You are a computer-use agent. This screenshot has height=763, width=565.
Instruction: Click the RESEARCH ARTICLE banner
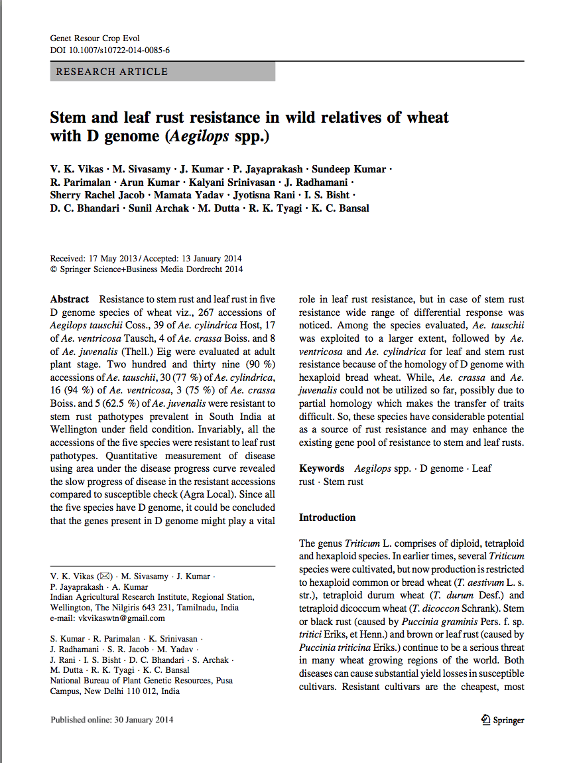coord(112,72)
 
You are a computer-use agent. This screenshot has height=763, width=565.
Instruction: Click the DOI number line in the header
coord(110,50)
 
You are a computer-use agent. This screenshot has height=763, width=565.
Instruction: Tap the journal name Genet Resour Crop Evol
coord(95,38)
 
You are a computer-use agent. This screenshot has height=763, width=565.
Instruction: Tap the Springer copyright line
coord(147,269)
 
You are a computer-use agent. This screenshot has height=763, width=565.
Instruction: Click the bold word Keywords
coord(322,468)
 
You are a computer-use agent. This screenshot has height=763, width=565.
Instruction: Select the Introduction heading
coord(328,518)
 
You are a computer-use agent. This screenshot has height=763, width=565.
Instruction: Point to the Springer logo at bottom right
coord(502,720)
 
